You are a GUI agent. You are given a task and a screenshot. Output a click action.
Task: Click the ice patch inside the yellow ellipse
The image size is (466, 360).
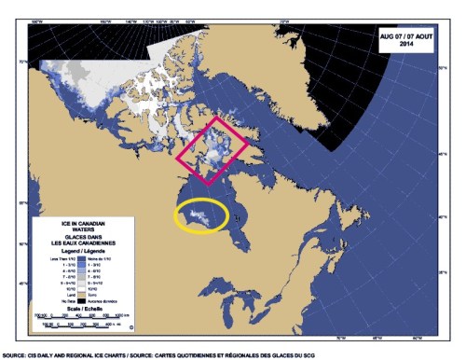pos(200,215)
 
